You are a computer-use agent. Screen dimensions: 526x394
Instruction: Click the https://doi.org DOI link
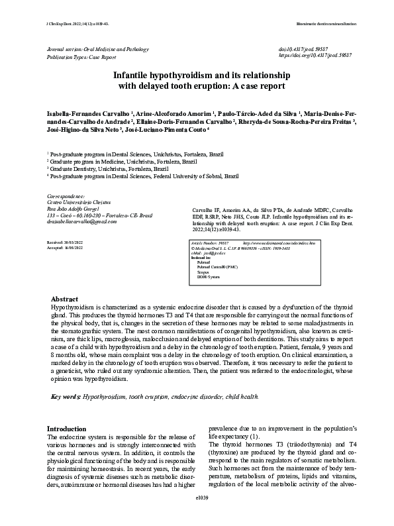click(x=315, y=57)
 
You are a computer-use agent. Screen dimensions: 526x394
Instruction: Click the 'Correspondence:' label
click(x=66, y=197)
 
